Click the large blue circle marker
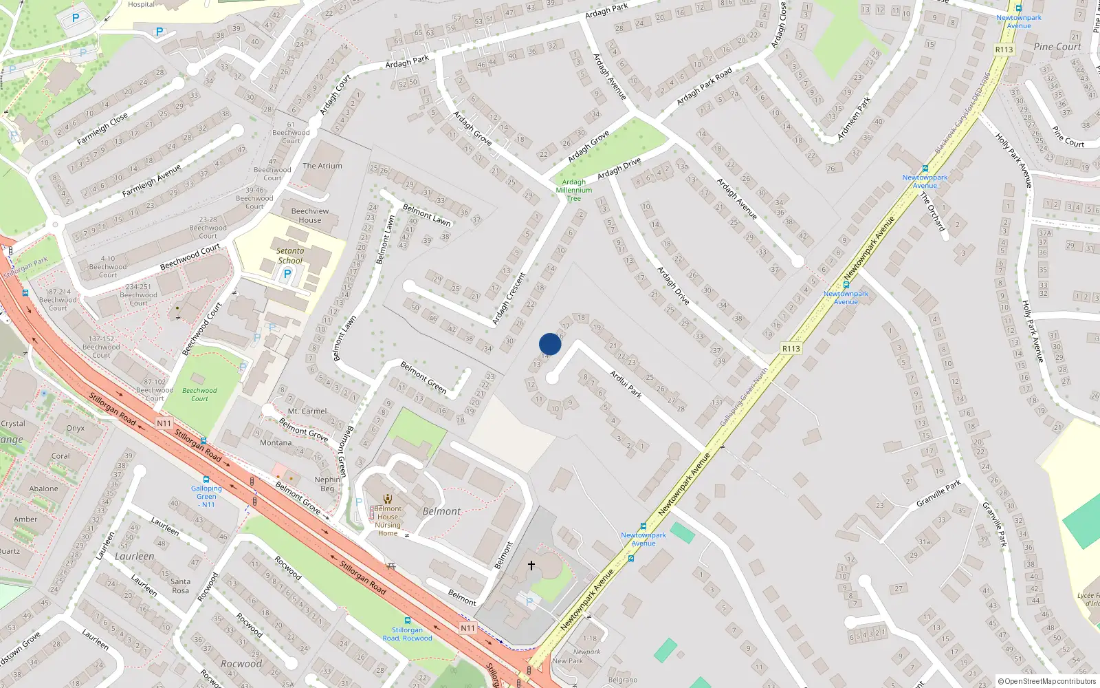(x=550, y=344)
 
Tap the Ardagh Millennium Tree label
(x=574, y=191)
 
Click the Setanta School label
(x=290, y=256)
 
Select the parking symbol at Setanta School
(x=287, y=274)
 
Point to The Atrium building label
(x=322, y=166)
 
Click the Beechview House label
(x=310, y=215)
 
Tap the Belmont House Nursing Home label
(x=388, y=521)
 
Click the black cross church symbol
(x=531, y=566)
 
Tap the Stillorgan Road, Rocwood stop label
(x=408, y=634)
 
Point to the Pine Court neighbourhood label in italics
(x=1057, y=47)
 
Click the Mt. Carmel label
(x=307, y=411)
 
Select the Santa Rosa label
(x=181, y=586)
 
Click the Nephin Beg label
(x=327, y=484)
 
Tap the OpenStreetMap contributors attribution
(x=1047, y=682)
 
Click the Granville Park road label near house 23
(x=938, y=494)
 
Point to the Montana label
(x=276, y=443)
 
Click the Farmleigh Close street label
(x=102, y=129)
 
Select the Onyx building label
(x=76, y=428)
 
